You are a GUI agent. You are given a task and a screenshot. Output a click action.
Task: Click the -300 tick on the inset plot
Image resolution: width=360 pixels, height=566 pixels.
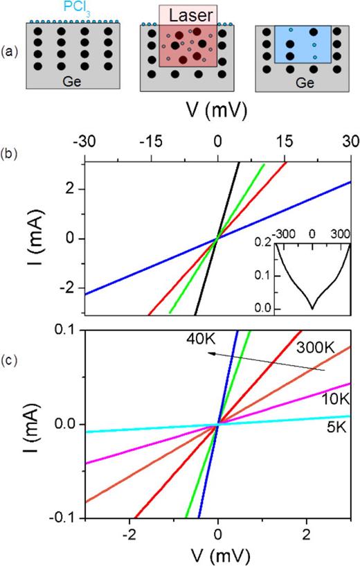pyautogui.click(x=281, y=233)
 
